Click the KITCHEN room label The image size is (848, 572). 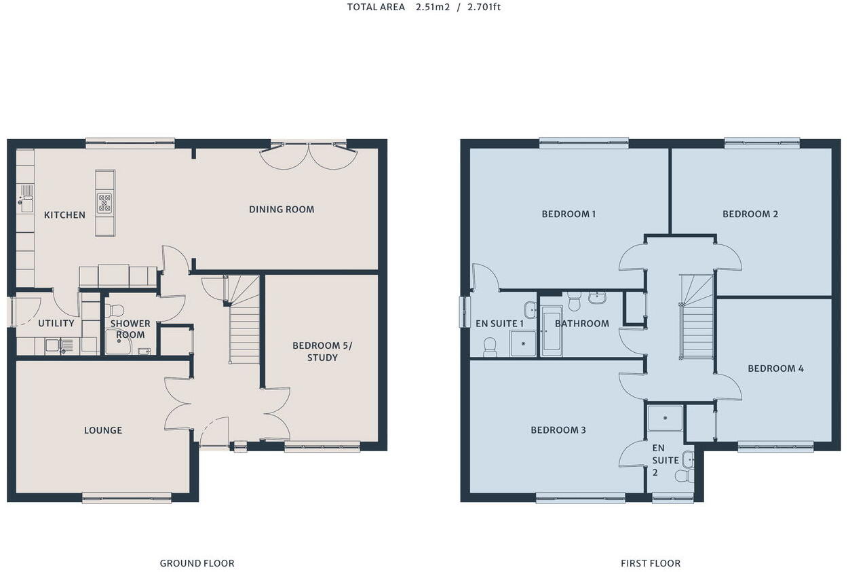coord(64,215)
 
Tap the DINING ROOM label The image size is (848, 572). coord(282,210)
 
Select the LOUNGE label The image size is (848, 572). coord(103,430)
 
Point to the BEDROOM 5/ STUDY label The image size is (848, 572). coord(322,351)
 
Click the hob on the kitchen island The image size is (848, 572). coord(104,203)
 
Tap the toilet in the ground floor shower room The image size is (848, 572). coord(115,311)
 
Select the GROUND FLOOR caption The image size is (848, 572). coord(197,563)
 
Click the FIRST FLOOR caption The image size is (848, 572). coord(650,563)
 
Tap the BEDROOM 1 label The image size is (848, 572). coord(568,214)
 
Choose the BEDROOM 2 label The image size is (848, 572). coord(750,214)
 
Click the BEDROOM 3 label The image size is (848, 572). coord(558,430)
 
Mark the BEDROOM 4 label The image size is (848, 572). coord(775,368)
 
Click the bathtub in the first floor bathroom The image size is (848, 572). coord(551,330)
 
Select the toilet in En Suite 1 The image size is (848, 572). coord(489,347)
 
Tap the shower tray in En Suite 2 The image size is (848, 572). coord(664,419)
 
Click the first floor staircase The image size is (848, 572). coord(697,319)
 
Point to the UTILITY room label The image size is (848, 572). coord(56,324)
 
